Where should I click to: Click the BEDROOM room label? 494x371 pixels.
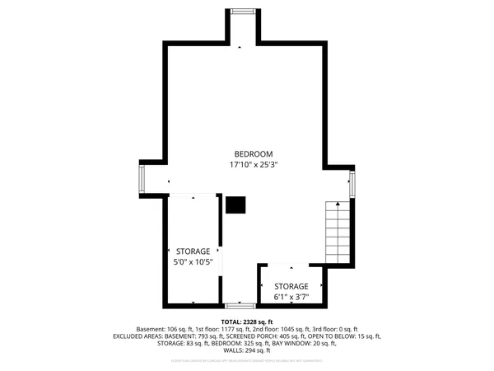point(253,154)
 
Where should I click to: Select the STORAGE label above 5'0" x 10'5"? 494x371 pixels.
point(193,251)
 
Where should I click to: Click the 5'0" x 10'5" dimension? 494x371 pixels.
point(193,262)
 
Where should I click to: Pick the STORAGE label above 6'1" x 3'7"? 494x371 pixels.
point(291,286)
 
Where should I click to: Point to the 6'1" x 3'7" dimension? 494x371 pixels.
point(291,296)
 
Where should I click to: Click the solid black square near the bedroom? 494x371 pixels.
point(235,204)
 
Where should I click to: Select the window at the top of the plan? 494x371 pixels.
point(242,11)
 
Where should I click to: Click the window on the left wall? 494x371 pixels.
point(142,178)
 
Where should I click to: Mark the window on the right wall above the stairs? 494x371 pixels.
point(352,183)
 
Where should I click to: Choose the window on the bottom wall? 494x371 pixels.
point(240,306)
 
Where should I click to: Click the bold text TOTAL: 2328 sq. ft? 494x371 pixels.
point(247,322)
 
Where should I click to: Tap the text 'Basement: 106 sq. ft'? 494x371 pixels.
point(161,329)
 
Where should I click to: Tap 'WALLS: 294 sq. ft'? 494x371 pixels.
point(247,350)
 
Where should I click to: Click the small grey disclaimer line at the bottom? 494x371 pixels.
point(247,360)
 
